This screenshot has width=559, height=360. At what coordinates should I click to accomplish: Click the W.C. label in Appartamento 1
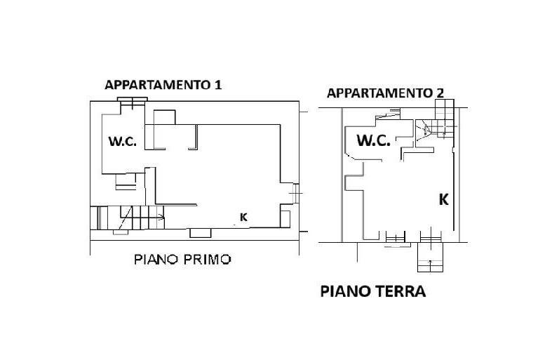pyautogui.click(x=123, y=141)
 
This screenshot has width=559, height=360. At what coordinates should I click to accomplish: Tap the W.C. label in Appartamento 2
pyautogui.click(x=374, y=140)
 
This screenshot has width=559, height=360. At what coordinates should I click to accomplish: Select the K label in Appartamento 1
pyautogui.click(x=244, y=217)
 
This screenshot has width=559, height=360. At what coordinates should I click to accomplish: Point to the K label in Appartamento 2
pyautogui.click(x=443, y=199)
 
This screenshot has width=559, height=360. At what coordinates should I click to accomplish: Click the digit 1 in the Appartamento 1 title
pyautogui.click(x=218, y=85)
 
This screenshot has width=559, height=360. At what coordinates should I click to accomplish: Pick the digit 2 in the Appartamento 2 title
pyautogui.click(x=440, y=93)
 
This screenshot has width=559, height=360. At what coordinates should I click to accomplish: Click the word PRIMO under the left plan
pyautogui.click(x=207, y=260)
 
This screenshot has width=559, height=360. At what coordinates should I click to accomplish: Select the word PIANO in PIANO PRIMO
pyautogui.click(x=156, y=260)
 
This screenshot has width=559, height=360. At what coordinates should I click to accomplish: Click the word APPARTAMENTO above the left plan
pyautogui.click(x=158, y=85)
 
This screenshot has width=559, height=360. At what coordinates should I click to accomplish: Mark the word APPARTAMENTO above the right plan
pyautogui.click(x=379, y=93)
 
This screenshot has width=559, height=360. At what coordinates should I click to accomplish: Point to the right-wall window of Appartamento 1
pyautogui.click(x=296, y=193)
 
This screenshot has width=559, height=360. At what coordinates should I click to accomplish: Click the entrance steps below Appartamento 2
pyautogui.click(x=431, y=258)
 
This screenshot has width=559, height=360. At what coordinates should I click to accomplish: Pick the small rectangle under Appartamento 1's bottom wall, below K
pyautogui.click(x=201, y=233)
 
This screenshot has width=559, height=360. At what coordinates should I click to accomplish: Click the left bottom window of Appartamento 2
pyautogui.click(x=396, y=237)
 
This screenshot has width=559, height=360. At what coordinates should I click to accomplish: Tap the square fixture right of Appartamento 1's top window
pyautogui.click(x=164, y=117)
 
